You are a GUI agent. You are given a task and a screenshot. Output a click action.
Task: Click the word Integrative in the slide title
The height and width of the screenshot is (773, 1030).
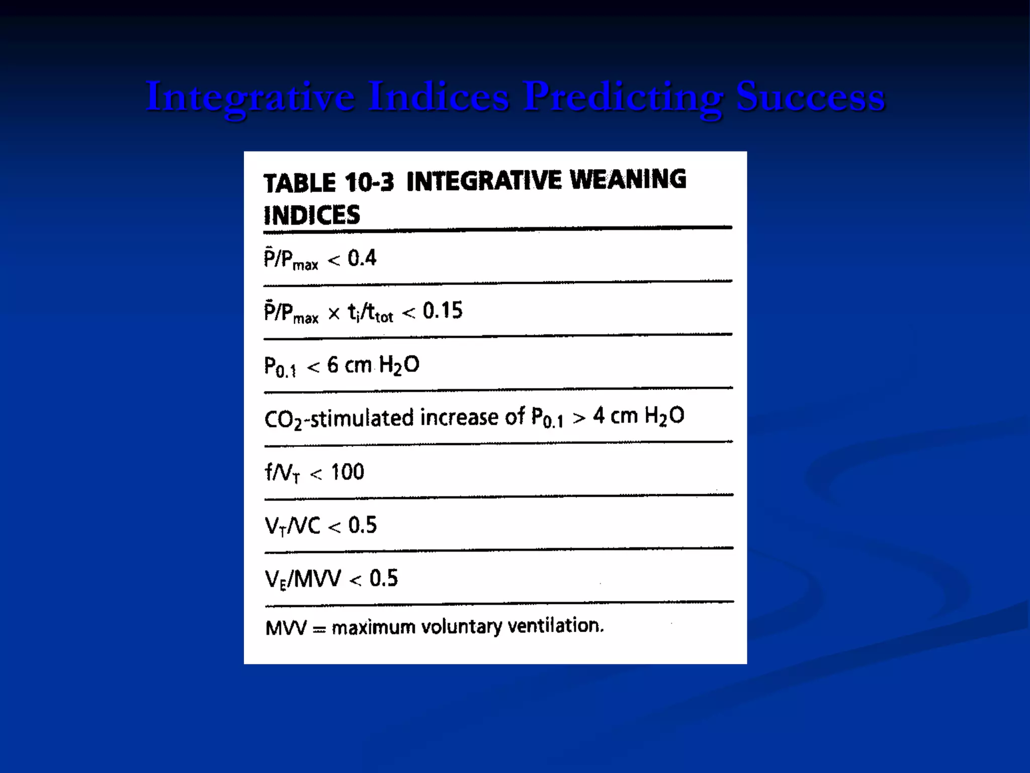pyautogui.click(x=250, y=97)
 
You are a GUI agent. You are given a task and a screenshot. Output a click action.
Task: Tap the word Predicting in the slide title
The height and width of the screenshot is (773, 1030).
pyautogui.click(x=623, y=97)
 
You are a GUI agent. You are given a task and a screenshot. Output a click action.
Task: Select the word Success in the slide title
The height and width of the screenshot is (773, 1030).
pyautogui.click(x=810, y=97)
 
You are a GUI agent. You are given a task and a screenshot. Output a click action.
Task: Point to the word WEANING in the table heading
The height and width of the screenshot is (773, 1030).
pyautogui.click(x=628, y=180)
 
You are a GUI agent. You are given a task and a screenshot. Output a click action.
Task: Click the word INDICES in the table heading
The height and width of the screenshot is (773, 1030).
pyautogui.click(x=312, y=215)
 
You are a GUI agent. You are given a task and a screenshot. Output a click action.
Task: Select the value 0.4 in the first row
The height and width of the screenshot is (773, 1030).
pyautogui.click(x=362, y=258)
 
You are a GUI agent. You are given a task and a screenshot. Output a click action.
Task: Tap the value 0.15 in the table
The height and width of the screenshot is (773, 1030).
pyautogui.click(x=442, y=311)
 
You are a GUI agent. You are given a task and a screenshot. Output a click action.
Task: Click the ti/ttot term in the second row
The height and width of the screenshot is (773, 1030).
pyautogui.click(x=370, y=313)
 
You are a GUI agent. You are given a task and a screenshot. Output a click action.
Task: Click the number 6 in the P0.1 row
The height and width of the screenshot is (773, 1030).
pyautogui.click(x=332, y=365)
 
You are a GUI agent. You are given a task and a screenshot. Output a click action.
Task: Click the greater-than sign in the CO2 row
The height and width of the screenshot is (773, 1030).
pyautogui.click(x=579, y=418)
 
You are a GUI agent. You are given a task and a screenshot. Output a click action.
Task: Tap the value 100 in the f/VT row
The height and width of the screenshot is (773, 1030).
pyautogui.click(x=347, y=472)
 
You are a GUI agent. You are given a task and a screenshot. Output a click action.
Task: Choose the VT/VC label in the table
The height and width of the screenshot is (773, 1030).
pyautogui.click(x=292, y=526)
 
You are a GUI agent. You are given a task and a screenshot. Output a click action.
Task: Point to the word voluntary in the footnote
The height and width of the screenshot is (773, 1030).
pyautogui.click(x=461, y=627)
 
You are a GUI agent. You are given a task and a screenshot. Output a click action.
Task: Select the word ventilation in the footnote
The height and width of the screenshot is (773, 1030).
pyautogui.click(x=555, y=626)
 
